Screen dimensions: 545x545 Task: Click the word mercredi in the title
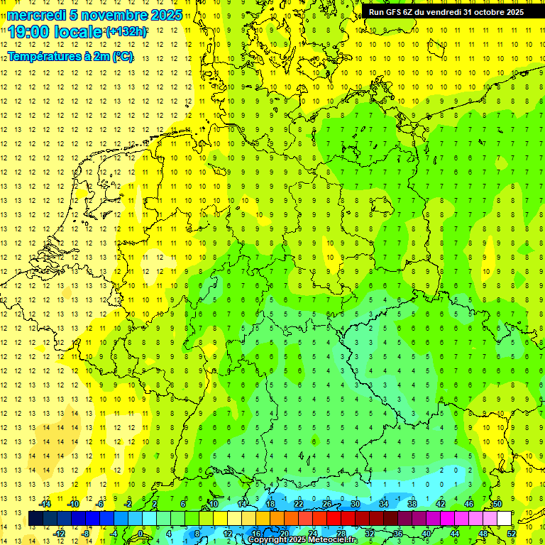pyautogui.click(x=36, y=15)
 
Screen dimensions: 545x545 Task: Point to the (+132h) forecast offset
pyautogui.click(x=126, y=32)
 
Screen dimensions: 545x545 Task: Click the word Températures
pyautogui.click(x=45, y=56)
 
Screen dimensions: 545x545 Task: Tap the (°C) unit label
pyautogui.click(x=121, y=56)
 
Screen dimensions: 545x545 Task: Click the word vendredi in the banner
pyautogui.click(x=451, y=11)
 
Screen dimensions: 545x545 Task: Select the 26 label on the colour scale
pyautogui.click(x=327, y=504)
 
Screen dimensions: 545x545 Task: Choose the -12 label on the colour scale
pyautogui.click(x=60, y=534)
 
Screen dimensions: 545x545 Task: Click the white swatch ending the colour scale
pyautogui.click(x=504, y=519)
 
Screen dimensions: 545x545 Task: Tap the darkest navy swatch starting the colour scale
pyautogui.click(x=35, y=519)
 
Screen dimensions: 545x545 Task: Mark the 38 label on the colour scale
pyautogui.click(x=412, y=504)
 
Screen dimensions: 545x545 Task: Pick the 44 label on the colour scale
pyautogui.click(x=455, y=534)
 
